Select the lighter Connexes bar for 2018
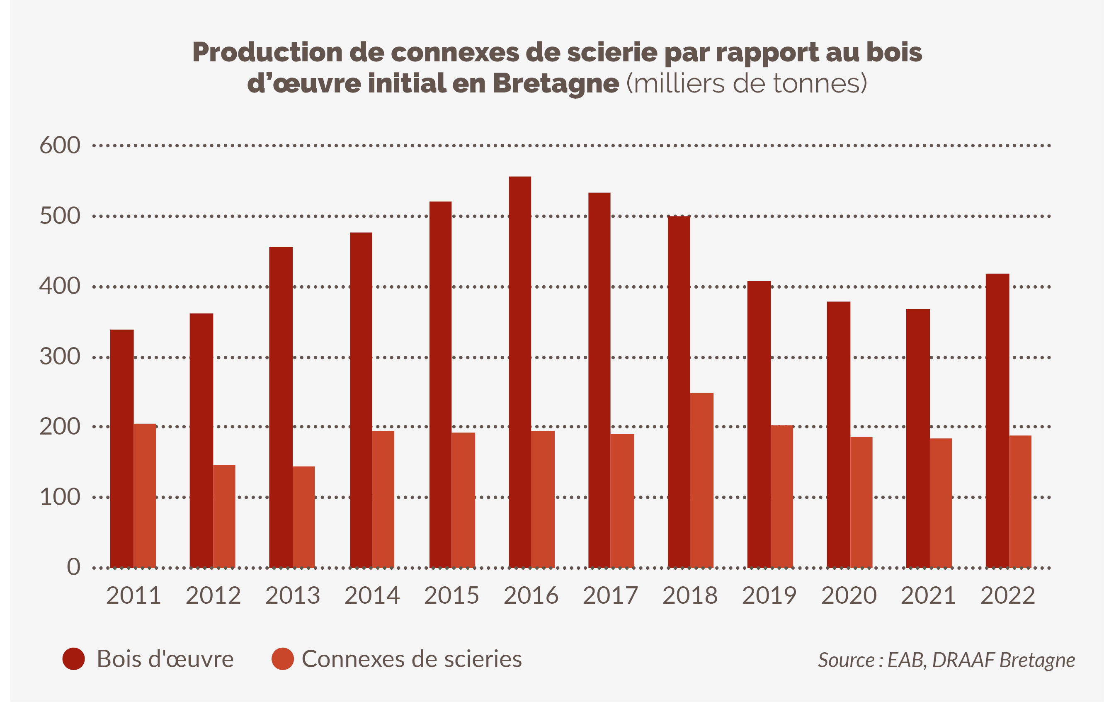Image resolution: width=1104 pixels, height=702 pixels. pos(701,480)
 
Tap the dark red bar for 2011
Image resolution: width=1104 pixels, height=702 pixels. pos(122,448)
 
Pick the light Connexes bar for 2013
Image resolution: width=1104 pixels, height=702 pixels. pos(303,517)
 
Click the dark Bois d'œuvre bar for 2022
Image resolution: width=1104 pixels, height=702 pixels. pos(997,420)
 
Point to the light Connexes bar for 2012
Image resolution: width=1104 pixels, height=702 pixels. pos(224,516)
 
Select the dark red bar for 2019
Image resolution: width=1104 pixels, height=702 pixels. pos(759,424)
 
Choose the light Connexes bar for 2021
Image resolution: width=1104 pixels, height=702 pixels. pos(941,503)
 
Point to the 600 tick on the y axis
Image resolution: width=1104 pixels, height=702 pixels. pos(60,146)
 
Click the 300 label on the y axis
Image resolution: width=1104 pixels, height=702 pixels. pos(60,357)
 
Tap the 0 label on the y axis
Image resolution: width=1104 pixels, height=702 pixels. pos(73,567)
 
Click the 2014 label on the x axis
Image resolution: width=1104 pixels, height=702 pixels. pos(372,595)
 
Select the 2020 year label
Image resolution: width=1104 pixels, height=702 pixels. pos(849,595)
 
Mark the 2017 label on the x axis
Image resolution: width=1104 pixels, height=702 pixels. pos(610,595)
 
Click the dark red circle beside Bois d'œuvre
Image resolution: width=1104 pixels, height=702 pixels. pos(73,659)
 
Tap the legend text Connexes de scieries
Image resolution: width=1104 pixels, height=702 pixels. pos(411,659)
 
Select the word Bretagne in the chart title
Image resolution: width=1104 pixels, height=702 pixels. pos(556,83)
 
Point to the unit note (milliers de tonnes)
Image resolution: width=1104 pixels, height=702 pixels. pos(746,83)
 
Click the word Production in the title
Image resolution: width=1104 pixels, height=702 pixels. pos(267,52)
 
